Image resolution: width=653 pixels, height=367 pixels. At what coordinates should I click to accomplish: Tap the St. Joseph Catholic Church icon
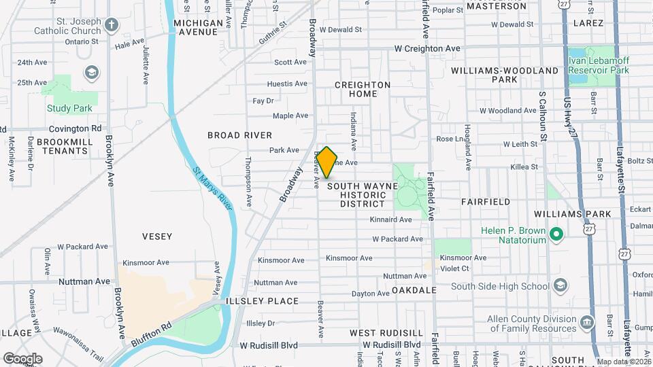tap(112, 26)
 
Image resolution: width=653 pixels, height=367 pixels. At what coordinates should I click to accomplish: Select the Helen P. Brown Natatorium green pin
tap(556, 235)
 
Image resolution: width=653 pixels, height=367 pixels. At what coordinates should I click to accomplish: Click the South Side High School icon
tap(560, 285)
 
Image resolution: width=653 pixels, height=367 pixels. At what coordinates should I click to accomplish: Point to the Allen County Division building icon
tap(586, 320)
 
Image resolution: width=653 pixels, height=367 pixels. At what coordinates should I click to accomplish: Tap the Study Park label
tap(69, 108)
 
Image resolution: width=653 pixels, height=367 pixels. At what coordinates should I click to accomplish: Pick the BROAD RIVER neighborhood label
tap(240, 135)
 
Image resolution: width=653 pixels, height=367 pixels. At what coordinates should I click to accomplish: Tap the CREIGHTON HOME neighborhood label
tap(363, 89)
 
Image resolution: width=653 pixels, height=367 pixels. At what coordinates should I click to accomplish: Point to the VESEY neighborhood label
tap(157, 237)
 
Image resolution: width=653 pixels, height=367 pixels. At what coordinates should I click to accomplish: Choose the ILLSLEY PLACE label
tap(264, 301)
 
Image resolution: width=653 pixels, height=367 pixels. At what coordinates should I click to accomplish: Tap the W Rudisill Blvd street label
tap(269, 345)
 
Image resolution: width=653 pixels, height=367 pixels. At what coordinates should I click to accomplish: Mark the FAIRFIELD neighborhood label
tap(485, 202)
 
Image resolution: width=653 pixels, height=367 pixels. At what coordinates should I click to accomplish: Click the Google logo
tap(22, 358)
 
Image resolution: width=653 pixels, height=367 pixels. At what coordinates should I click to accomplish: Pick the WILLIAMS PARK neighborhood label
tap(582, 213)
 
